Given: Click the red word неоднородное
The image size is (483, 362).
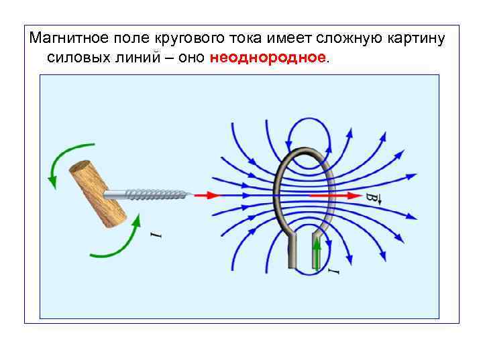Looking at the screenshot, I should coord(268,57).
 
